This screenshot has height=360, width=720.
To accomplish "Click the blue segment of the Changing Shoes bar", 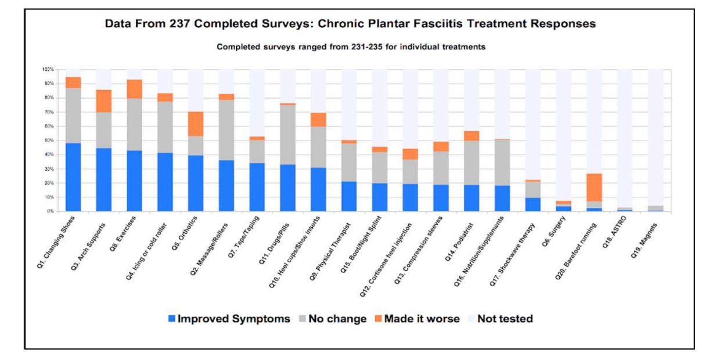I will (x=73, y=177).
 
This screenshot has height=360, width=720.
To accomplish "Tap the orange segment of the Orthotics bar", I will (x=196, y=124).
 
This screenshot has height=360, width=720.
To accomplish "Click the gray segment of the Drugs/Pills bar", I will (x=287, y=135).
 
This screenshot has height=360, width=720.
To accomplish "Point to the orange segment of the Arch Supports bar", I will (x=104, y=101).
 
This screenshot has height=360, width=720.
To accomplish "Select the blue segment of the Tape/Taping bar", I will (x=257, y=187).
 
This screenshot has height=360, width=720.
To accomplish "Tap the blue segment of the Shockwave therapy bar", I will (x=533, y=204).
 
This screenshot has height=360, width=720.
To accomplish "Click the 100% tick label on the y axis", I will (x=49, y=69).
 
